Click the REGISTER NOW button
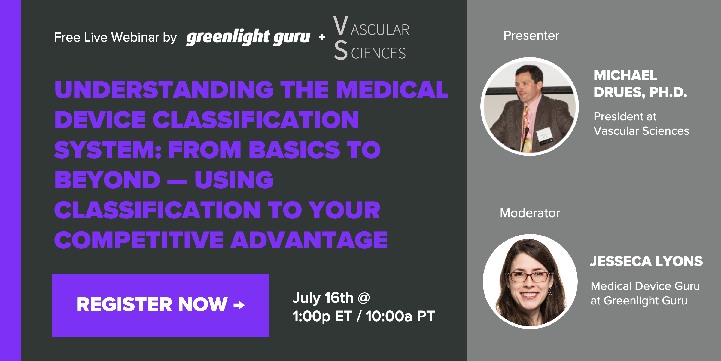tap(160, 305)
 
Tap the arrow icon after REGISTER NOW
tap(239, 305)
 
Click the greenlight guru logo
tap(248, 37)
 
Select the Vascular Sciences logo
tap(371, 38)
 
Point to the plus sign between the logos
tap(322, 37)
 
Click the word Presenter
tap(531, 35)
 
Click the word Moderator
tap(530, 213)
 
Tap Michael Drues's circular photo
tap(529, 106)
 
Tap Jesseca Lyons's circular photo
tap(530, 281)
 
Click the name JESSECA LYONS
tap(646, 261)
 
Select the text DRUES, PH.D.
tap(640, 92)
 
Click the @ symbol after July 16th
tap(364, 298)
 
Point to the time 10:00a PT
tap(400, 316)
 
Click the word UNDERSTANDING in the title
tap(164, 90)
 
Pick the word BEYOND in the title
tap(107, 180)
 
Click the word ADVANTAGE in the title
tap(309, 240)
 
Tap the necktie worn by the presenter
tap(526, 126)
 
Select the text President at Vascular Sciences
tap(641, 124)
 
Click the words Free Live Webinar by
tap(115, 37)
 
